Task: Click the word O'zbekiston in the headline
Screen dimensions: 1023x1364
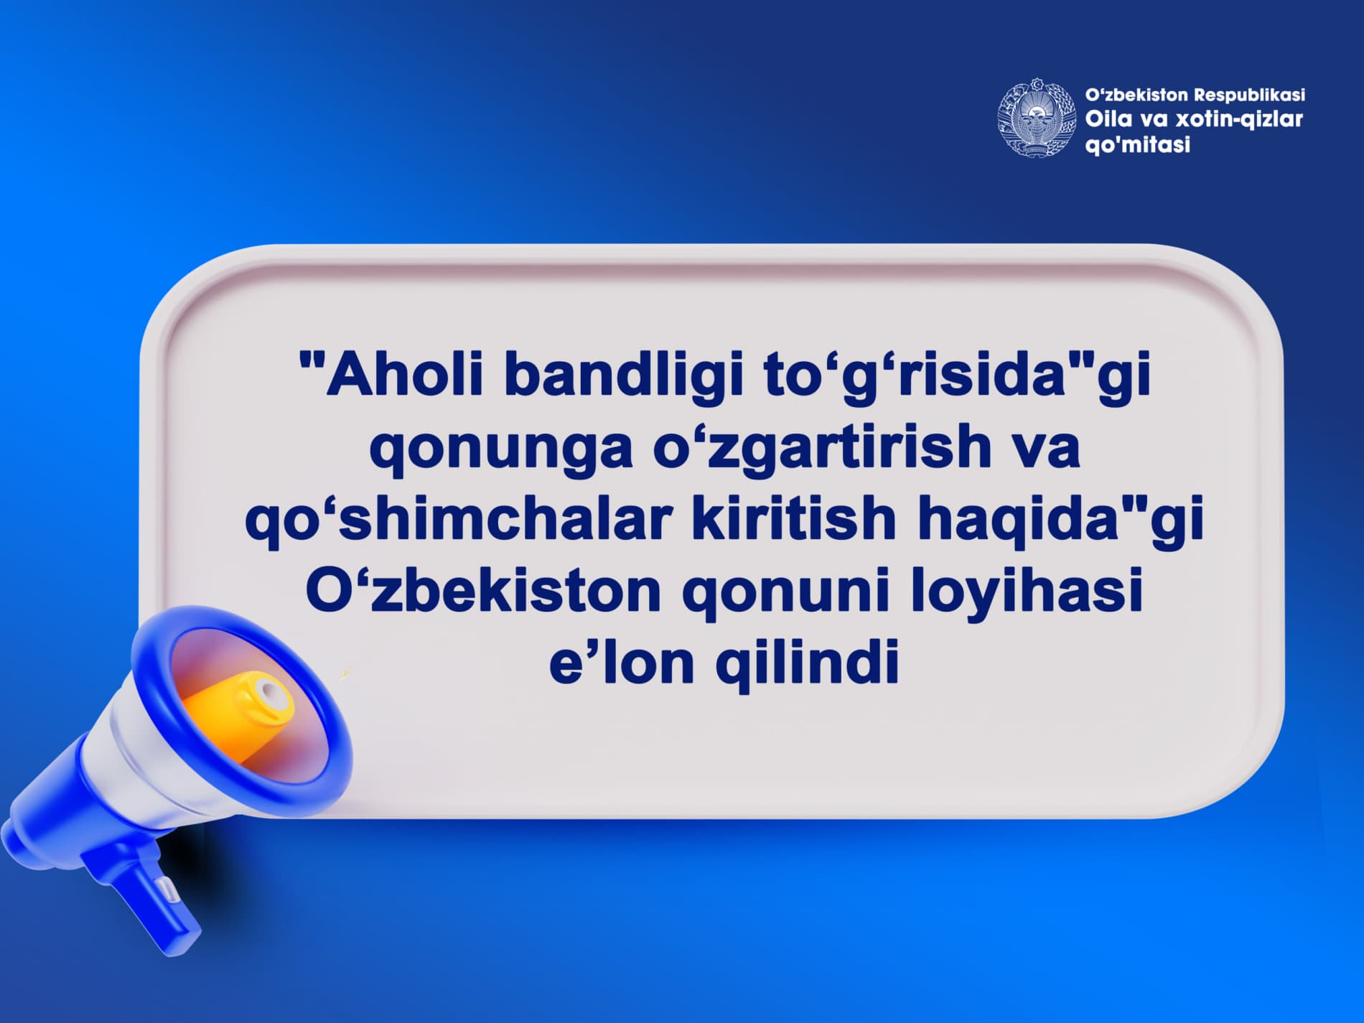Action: click(x=483, y=590)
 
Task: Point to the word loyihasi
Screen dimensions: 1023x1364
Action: click(x=1027, y=592)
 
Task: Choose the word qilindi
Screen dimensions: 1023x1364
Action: click(x=807, y=663)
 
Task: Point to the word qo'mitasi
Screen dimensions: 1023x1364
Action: click(x=1138, y=145)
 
